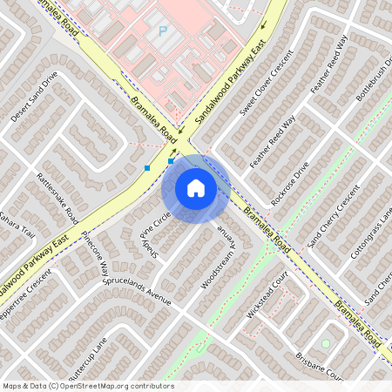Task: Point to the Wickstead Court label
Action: pos(267,298)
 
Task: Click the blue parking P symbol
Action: pos(162,30)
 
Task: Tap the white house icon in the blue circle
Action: pos(196,188)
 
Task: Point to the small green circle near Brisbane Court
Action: pos(326,344)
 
